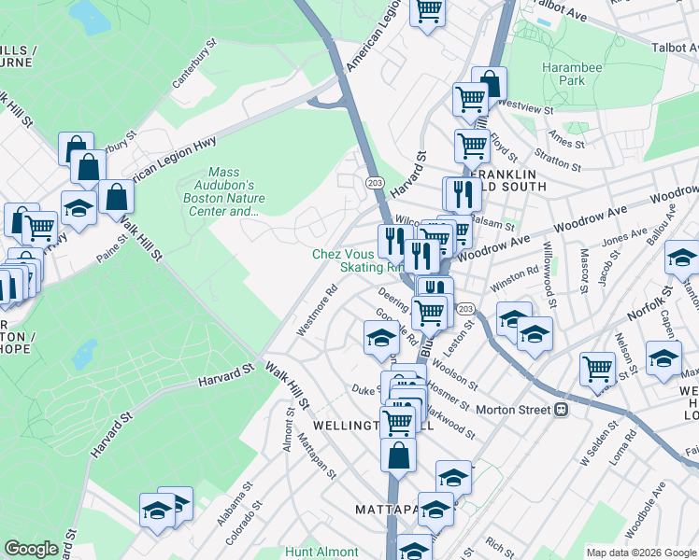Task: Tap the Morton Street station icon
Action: coord(563,410)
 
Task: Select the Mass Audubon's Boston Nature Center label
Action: coord(236,191)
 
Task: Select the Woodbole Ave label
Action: coord(645,510)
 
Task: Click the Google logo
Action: coord(31,549)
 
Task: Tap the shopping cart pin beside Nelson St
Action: coord(597,367)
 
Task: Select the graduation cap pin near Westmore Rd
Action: coord(381,338)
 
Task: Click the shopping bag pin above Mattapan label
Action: coord(398,456)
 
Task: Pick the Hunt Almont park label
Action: coord(321,552)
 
